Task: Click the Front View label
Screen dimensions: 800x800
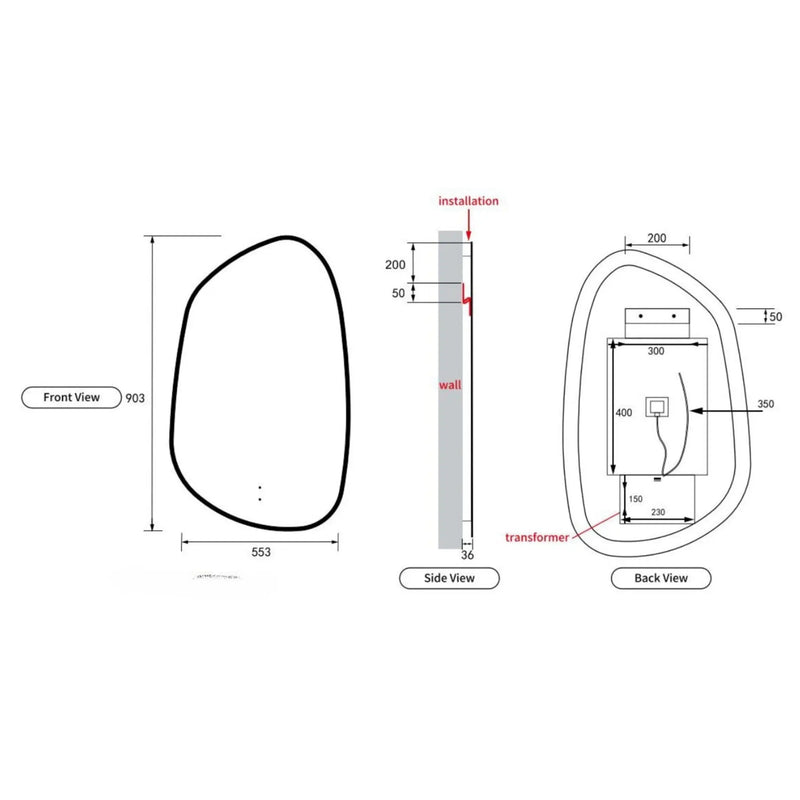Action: coord(71,397)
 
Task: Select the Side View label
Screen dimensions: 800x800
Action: coord(449,578)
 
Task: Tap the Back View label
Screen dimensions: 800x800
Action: coord(661,578)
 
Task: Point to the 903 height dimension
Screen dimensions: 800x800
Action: coord(136,398)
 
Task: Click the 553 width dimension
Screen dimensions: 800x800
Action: coord(260,551)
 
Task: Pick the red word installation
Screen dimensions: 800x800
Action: coord(468,201)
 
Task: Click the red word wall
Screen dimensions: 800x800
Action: coord(451,384)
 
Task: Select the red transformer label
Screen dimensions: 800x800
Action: coord(537,537)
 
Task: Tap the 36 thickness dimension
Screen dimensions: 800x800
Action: coord(467,554)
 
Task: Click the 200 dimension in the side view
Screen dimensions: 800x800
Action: coord(395,265)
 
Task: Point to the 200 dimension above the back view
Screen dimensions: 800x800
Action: coord(657,238)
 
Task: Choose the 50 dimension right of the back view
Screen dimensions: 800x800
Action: coord(776,317)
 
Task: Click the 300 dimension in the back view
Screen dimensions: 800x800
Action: coord(655,352)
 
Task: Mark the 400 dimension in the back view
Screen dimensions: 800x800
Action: coord(623,412)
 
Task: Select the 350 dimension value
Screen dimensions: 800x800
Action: coord(767,404)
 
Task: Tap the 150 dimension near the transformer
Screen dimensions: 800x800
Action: coord(635,498)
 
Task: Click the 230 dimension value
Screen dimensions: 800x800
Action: coord(657,512)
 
